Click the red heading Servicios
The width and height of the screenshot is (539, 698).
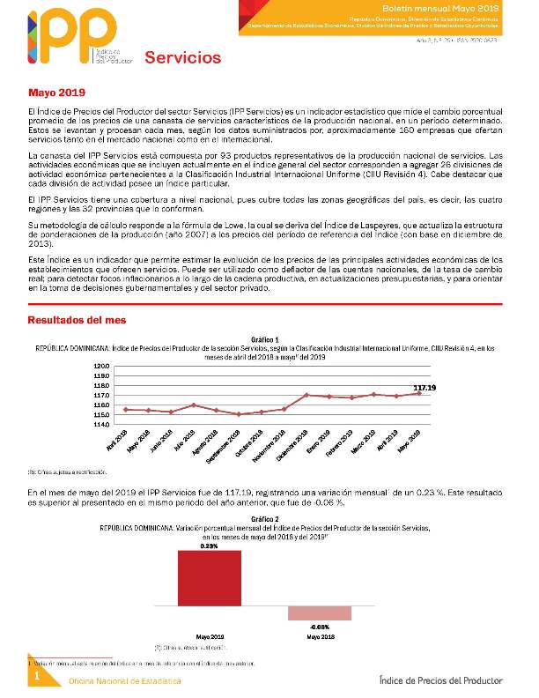(x=183, y=59)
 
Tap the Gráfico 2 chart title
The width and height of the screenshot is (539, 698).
(x=265, y=519)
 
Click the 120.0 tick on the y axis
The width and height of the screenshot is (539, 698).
(x=101, y=367)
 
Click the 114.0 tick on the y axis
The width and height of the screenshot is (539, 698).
(x=101, y=425)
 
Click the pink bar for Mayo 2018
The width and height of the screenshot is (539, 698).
(x=320, y=613)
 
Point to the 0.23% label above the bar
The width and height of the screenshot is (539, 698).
(x=209, y=546)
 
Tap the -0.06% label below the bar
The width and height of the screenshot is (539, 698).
(x=320, y=627)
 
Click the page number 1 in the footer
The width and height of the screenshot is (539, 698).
(x=38, y=676)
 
